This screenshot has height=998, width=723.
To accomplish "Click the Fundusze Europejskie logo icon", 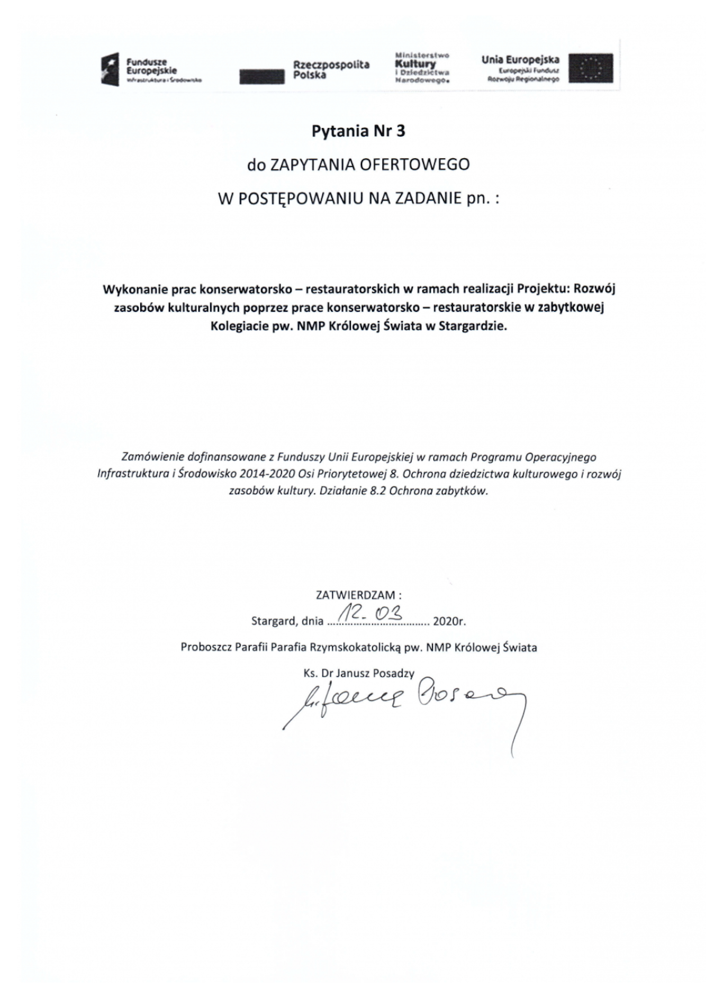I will click(x=111, y=69).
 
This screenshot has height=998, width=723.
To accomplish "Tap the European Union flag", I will click(x=590, y=68).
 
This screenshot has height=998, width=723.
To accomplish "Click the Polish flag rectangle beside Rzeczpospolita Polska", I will click(x=261, y=77).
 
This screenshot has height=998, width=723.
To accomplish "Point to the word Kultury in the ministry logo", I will click(x=415, y=64).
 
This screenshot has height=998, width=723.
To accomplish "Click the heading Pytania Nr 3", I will click(x=358, y=131).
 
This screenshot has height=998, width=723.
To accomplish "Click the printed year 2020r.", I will click(x=449, y=621).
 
